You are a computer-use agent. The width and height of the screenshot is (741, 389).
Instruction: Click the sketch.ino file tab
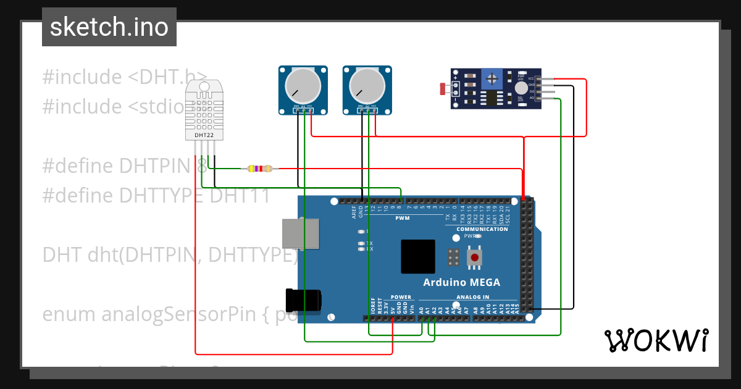click(109, 27)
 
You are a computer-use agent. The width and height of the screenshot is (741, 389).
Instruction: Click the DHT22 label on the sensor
click(204, 135)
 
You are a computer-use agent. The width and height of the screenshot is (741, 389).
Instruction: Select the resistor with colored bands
click(259, 169)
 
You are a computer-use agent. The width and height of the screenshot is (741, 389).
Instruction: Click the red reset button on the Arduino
click(474, 257)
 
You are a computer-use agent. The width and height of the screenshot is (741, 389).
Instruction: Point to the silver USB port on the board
click(301, 234)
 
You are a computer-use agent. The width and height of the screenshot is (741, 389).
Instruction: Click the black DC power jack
click(303, 300)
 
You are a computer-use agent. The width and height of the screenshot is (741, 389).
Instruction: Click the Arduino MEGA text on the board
click(461, 283)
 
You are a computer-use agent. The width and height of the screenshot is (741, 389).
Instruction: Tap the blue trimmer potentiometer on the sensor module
click(492, 78)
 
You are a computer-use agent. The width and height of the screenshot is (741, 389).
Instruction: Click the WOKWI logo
click(656, 340)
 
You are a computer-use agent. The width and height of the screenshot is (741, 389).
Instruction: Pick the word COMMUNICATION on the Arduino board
click(482, 229)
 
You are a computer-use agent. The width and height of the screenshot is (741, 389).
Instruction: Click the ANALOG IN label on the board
click(472, 297)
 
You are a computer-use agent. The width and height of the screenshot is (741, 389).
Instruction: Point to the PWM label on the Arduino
click(402, 218)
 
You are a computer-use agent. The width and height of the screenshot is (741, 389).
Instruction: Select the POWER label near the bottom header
click(401, 297)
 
